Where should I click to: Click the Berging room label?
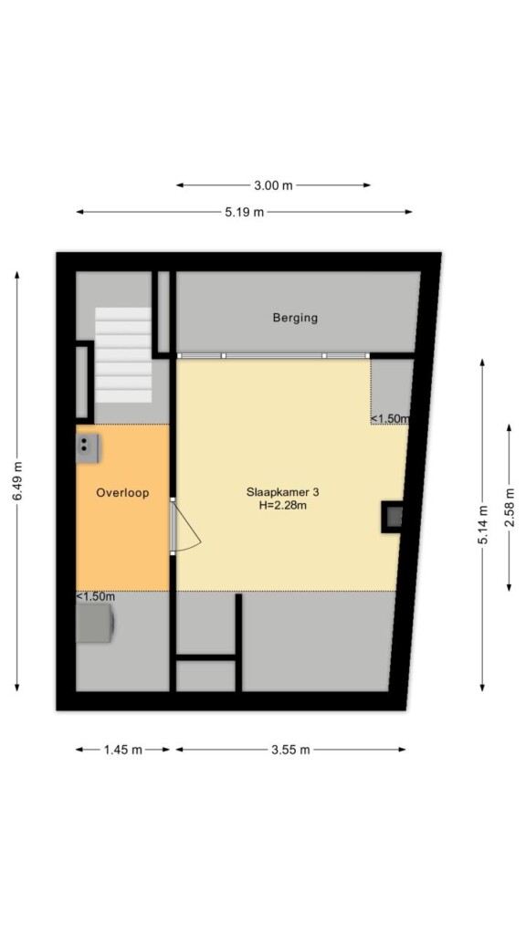295,318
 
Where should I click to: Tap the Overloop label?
122,493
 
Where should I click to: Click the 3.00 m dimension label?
273,185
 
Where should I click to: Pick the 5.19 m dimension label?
244,212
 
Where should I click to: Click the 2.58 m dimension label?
509,508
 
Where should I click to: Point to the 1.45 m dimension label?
123,751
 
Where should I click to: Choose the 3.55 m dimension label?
290,751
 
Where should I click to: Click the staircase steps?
123,355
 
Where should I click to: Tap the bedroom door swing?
186,527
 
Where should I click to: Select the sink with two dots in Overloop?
87,448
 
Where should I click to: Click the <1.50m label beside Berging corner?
391,418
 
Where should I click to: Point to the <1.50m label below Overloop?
95,596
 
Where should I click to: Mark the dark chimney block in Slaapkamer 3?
392,517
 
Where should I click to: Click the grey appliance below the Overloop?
95,624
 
